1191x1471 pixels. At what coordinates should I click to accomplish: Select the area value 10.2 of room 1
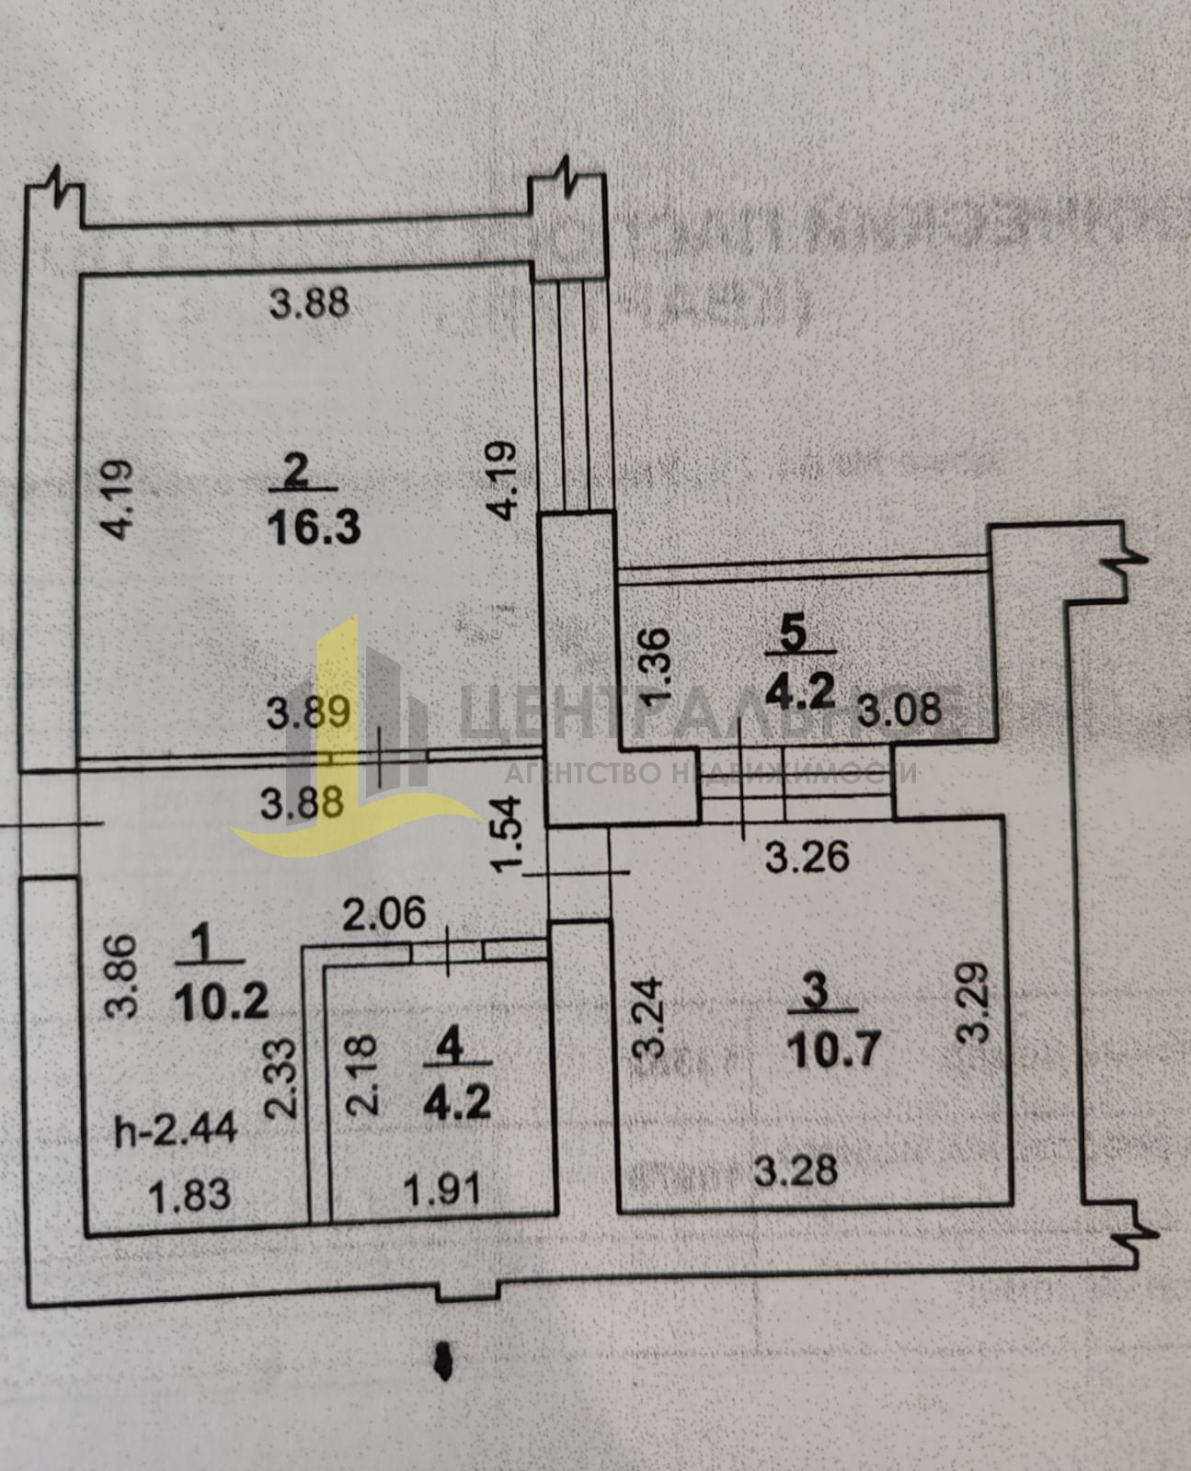[221, 1001]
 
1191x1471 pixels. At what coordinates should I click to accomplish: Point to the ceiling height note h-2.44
[176, 1128]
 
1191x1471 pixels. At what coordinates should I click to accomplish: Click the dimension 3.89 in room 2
[309, 713]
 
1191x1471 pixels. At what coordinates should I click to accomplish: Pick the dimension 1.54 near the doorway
[507, 835]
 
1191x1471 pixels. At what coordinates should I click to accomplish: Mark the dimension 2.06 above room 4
[385, 914]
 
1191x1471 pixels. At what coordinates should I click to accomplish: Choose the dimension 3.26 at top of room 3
[807, 857]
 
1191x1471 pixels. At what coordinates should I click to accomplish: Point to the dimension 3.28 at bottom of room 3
[796, 1170]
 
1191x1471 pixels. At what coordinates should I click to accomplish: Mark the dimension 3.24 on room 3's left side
[650, 1018]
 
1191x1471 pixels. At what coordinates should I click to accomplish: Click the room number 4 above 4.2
[449, 1045]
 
